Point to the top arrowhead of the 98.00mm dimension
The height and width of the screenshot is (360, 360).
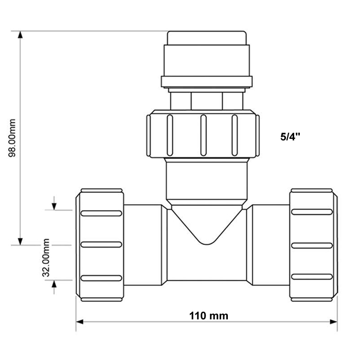point(20,34)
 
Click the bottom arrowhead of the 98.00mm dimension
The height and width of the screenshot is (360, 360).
point(20,241)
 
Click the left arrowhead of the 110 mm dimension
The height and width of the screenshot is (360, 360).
point(80,322)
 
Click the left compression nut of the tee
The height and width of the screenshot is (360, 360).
point(101,245)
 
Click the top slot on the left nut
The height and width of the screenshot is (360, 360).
point(101,212)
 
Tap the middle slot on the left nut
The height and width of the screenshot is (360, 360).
point(101,245)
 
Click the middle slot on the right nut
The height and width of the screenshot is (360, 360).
point(312,245)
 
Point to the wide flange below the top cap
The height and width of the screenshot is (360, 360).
point(207,82)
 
